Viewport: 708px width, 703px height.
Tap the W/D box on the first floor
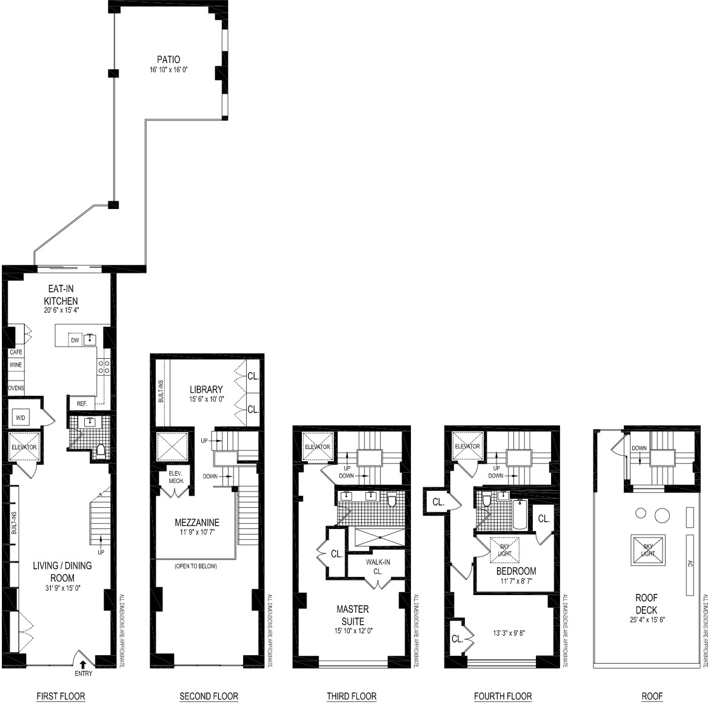(19, 417)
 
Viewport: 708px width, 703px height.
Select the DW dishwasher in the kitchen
(75, 340)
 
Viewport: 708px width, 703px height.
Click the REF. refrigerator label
(81, 404)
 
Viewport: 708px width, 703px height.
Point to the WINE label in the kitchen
(15, 365)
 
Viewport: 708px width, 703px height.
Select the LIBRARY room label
(206, 389)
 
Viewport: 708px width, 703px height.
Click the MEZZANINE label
(196, 522)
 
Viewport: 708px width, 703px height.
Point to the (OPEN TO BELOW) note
(195, 566)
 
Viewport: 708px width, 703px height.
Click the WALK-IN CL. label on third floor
(378, 566)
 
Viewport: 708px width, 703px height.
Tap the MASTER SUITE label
(352, 615)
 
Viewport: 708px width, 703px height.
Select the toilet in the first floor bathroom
(101, 450)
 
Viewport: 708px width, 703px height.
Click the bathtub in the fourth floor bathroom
(520, 515)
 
